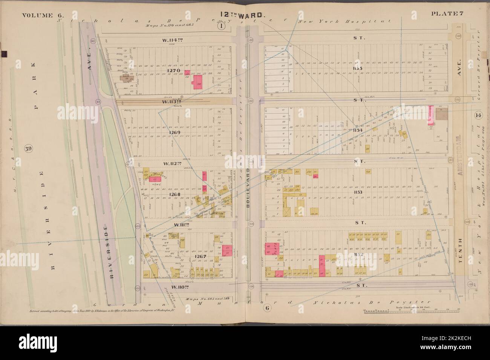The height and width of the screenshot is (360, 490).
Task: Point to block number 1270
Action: click(x=168, y=70)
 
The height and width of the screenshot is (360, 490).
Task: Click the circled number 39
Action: click(x=28, y=148)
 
